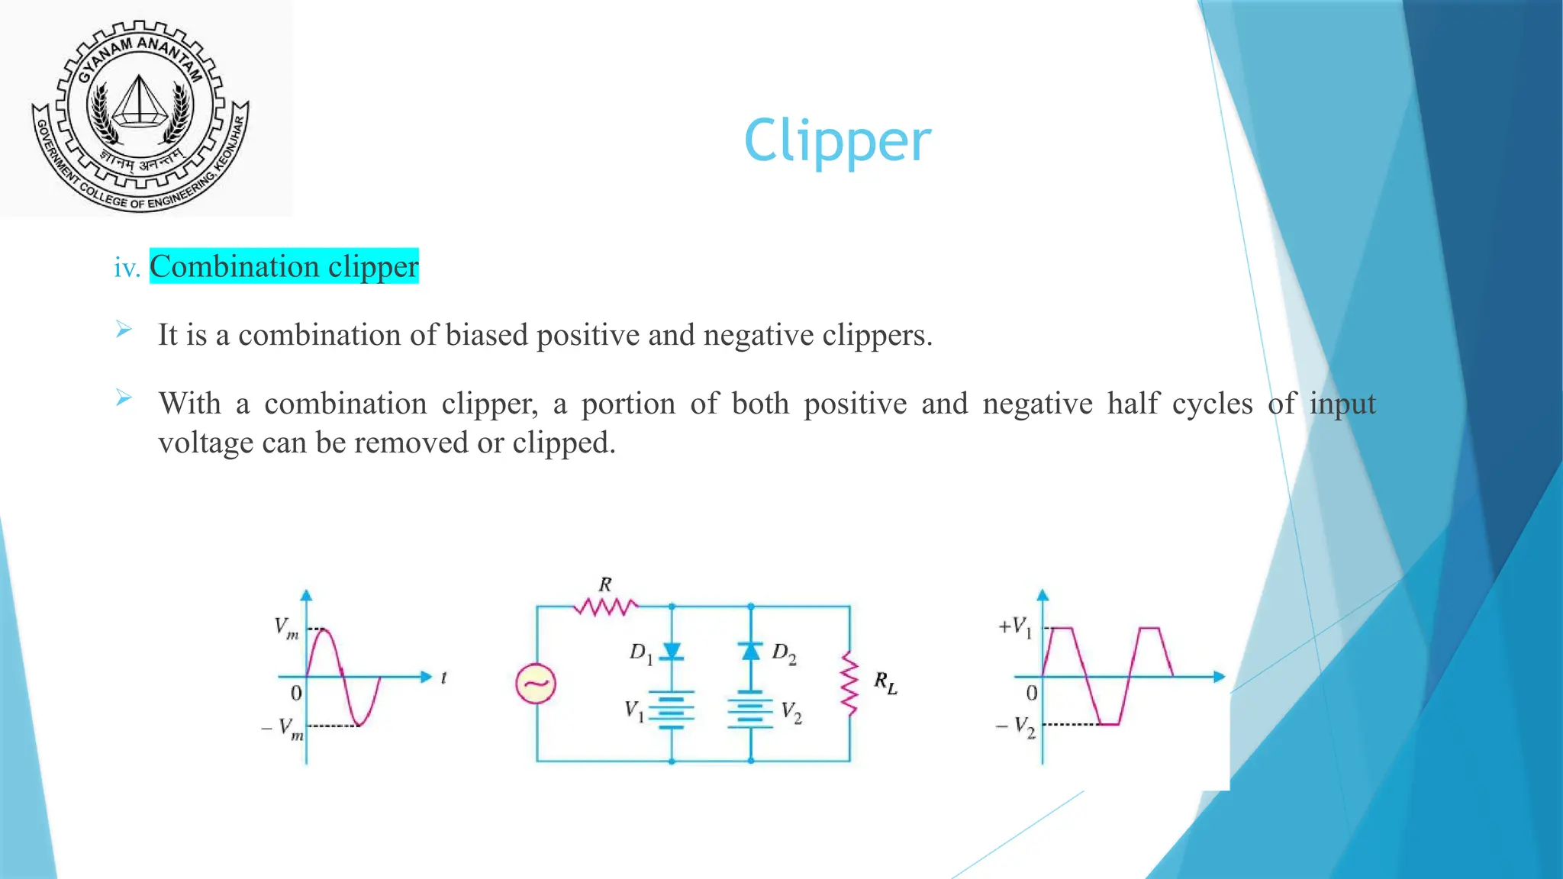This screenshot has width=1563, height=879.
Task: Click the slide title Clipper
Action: click(837, 141)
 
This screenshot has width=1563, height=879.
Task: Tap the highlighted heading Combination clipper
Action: click(284, 266)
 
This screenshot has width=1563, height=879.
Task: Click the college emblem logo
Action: click(140, 114)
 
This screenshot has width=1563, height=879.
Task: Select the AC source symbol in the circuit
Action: click(536, 684)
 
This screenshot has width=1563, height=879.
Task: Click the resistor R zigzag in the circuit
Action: click(606, 607)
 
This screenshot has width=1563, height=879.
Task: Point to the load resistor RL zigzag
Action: click(849, 684)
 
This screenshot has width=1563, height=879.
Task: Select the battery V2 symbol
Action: click(751, 711)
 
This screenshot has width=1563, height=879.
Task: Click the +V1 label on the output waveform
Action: click(1016, 628)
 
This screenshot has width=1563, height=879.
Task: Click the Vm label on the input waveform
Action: click(286, 629)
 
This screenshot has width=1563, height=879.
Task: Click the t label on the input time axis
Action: click(443, 678)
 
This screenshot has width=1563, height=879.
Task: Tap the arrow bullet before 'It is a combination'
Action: click(124, 330)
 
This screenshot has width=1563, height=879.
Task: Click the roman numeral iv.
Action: click(127, 268)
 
